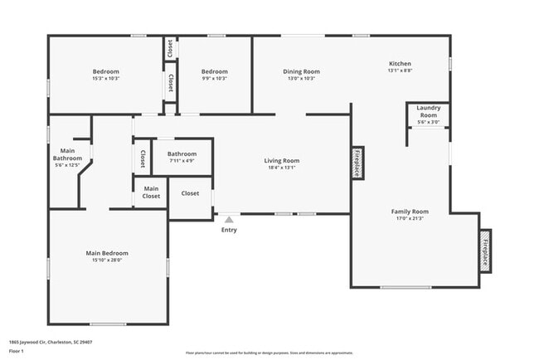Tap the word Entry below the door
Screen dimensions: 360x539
click(x=229, y=230)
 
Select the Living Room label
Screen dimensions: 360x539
click(x=281, y=161)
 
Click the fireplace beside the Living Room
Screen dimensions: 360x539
click(x=357, y=162)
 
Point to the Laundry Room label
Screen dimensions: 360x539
click(x=428, y=111)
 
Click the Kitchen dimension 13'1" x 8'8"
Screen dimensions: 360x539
click(x=401, y=71)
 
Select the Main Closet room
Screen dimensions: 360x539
click(x=151, y=192)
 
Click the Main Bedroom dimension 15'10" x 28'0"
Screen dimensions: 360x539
click(x=107, y=260)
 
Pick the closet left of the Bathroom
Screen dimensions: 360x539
click(x=142, y=158)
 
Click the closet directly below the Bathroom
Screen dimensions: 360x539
click(x=190, y=193)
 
